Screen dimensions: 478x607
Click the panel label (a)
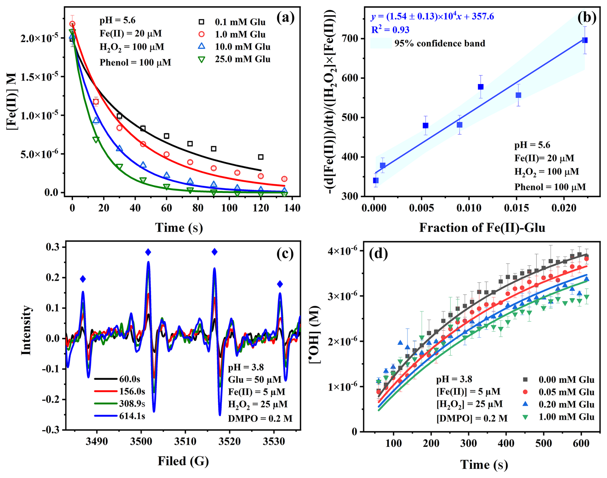point(285,18)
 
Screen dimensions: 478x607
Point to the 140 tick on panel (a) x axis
point(292,208)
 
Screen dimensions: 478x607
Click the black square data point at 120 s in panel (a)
point(261,157)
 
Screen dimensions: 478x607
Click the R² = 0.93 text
point(390,30)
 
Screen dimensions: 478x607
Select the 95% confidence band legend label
point(440,43)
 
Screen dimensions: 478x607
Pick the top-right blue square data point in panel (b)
point(585,40)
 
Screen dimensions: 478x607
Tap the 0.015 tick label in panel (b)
point(516,208)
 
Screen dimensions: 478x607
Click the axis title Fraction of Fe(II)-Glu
point(482,227)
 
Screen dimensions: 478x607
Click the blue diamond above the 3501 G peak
point(148,252)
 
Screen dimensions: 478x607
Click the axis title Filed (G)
point(183,461)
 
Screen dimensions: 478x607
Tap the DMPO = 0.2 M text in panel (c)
point(260,418)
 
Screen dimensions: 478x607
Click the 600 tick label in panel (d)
point(581,443)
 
